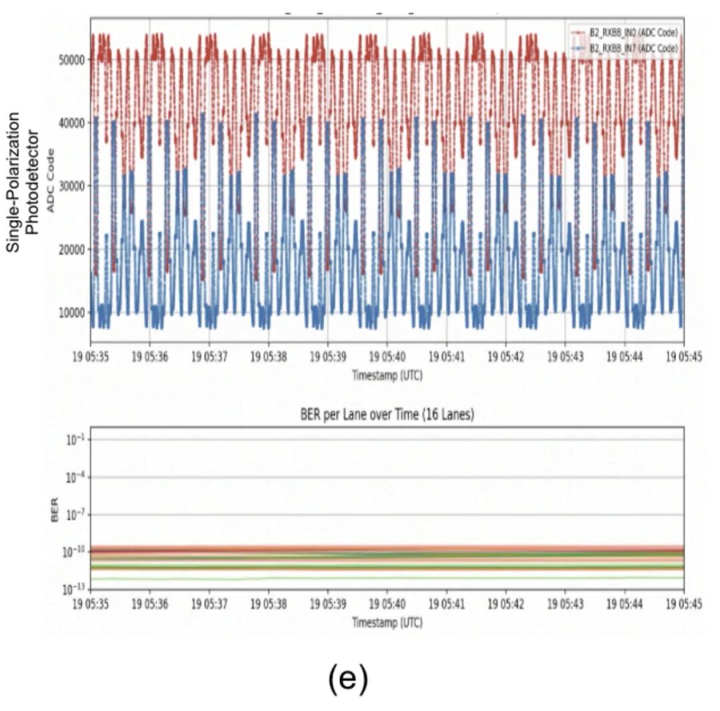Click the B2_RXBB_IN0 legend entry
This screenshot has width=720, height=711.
pos(630,32)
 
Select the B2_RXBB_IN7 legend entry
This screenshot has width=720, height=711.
pos(630,48)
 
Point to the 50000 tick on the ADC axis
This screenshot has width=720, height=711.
pos(70,59)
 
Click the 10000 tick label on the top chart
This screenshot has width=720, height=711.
pos(70,313)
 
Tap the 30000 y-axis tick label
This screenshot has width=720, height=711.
pos(70,186)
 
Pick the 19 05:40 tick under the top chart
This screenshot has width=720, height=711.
pos(387,358)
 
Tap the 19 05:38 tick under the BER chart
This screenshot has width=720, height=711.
pos(268,604)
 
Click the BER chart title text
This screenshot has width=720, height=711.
pos(387,415)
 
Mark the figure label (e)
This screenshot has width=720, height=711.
pos(348,678)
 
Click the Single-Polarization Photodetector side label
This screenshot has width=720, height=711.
pos(23,181)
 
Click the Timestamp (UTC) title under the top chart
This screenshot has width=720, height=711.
pos(387,376)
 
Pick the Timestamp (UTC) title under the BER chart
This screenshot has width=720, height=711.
pos(387,622)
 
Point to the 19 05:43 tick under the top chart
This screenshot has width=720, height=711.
pos(565,358)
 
